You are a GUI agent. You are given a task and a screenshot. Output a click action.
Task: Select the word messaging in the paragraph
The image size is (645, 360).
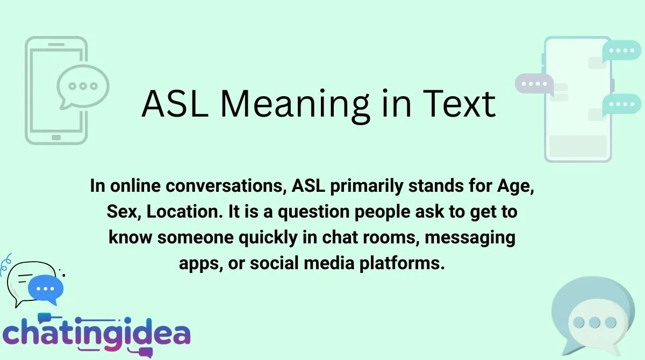click(x=470, y=236)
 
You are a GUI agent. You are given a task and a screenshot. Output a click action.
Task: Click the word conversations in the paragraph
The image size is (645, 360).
click(x=213, y=187)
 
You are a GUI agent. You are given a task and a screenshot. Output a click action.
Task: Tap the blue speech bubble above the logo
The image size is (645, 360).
click(x=46, y=288)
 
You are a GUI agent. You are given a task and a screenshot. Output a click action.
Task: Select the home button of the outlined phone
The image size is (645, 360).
click(x=56, y=138)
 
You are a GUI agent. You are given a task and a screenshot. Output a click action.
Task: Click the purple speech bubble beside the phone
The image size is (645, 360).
click(x=533, y=84)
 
